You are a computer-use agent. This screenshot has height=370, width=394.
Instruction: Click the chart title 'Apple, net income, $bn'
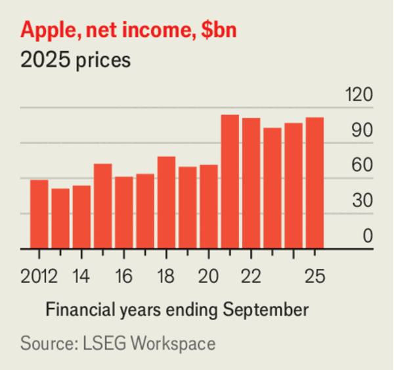[129, 31]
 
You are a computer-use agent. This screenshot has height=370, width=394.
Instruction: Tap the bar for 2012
[39, 214]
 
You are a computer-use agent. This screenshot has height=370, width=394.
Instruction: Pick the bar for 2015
[103, 206]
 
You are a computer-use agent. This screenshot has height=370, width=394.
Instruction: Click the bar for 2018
[167, 202]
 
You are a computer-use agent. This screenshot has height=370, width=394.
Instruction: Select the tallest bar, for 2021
[230, 182]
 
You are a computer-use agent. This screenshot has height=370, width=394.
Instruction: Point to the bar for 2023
[272, 189]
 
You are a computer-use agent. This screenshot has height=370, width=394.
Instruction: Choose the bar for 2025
[315, 183]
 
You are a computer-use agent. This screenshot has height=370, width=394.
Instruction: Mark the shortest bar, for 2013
[60, 219]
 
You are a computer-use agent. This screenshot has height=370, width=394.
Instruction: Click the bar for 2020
[209, 207]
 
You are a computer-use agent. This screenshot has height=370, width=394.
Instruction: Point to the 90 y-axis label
[362, 131]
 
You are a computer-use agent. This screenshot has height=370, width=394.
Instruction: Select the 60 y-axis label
[362, 167]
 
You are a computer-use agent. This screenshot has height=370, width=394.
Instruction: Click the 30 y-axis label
[362, 202]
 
